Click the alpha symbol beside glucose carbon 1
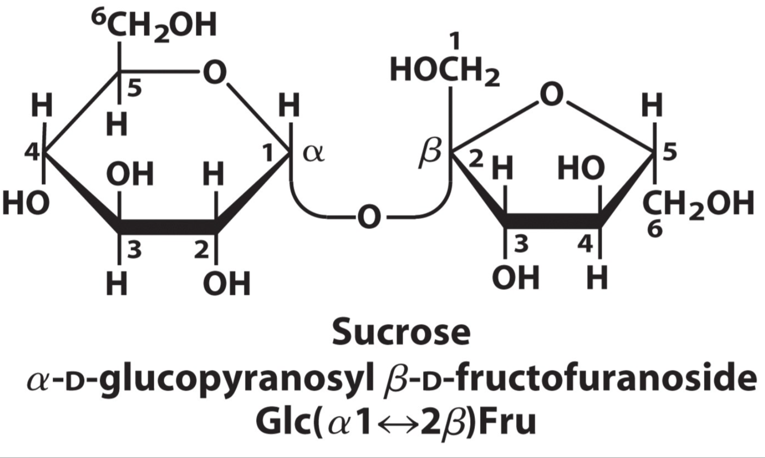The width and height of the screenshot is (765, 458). (x=313, y=156)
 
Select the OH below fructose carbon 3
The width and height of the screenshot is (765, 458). (x=516, y=279)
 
